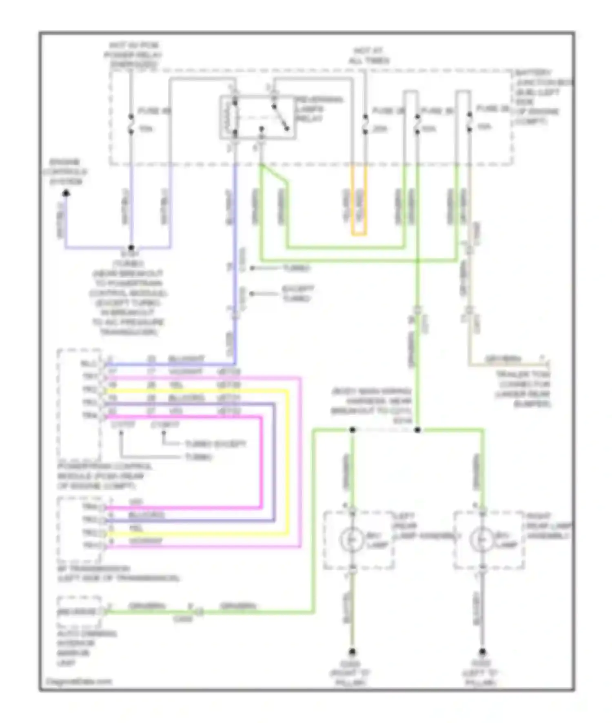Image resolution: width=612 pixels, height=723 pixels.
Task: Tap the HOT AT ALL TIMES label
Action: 369,56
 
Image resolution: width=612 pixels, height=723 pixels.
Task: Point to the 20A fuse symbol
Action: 365,124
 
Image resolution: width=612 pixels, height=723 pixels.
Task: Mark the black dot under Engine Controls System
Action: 66,193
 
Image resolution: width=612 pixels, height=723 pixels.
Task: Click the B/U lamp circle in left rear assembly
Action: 352,539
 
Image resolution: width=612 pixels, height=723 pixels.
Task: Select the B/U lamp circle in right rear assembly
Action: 482,539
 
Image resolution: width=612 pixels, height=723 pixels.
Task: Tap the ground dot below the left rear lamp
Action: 352,652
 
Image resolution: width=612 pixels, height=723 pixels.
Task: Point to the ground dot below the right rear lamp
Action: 482,652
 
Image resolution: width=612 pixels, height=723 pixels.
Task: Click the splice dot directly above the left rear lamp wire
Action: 353,430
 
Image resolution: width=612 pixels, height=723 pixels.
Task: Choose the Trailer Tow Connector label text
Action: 523,389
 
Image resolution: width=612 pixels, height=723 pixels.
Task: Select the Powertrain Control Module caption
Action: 100,476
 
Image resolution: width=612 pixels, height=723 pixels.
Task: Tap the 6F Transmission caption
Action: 118,573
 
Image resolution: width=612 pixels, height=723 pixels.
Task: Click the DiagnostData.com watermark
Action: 78,681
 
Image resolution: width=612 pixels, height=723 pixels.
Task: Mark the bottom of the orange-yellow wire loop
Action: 359,235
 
